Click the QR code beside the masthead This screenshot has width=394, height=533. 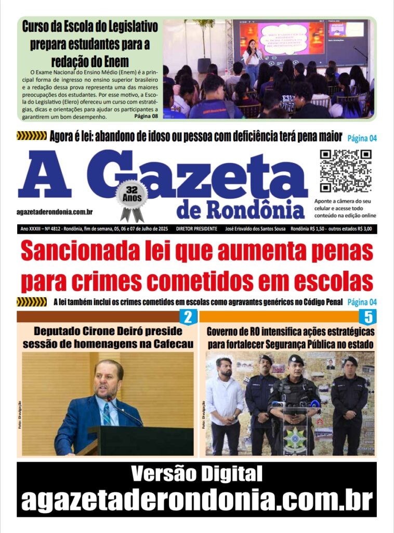pyautogui.click(x=346, y=171)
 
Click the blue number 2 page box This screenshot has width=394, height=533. pyautogui.click(x=188, y=317)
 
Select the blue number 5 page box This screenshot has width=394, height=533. pyautogui.click(x=368, y=317)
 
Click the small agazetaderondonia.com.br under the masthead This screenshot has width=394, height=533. pyautogui.click(x=55, y=212)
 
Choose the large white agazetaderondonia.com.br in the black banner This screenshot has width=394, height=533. pyautogui.click(x=197, y=500)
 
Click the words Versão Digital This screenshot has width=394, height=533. pyautogui.click(x=196, y=474)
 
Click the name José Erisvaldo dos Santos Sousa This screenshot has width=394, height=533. pyautogui.click(x=256, y=229)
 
